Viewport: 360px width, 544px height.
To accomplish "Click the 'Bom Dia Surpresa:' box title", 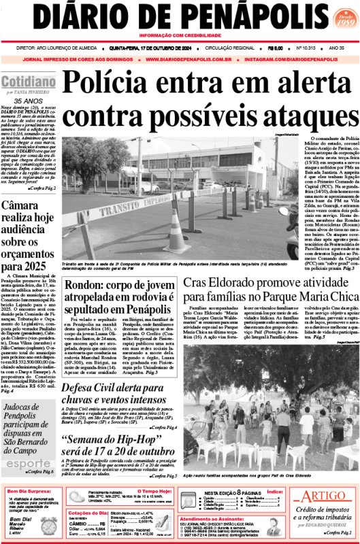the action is [x=30, y=491].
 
